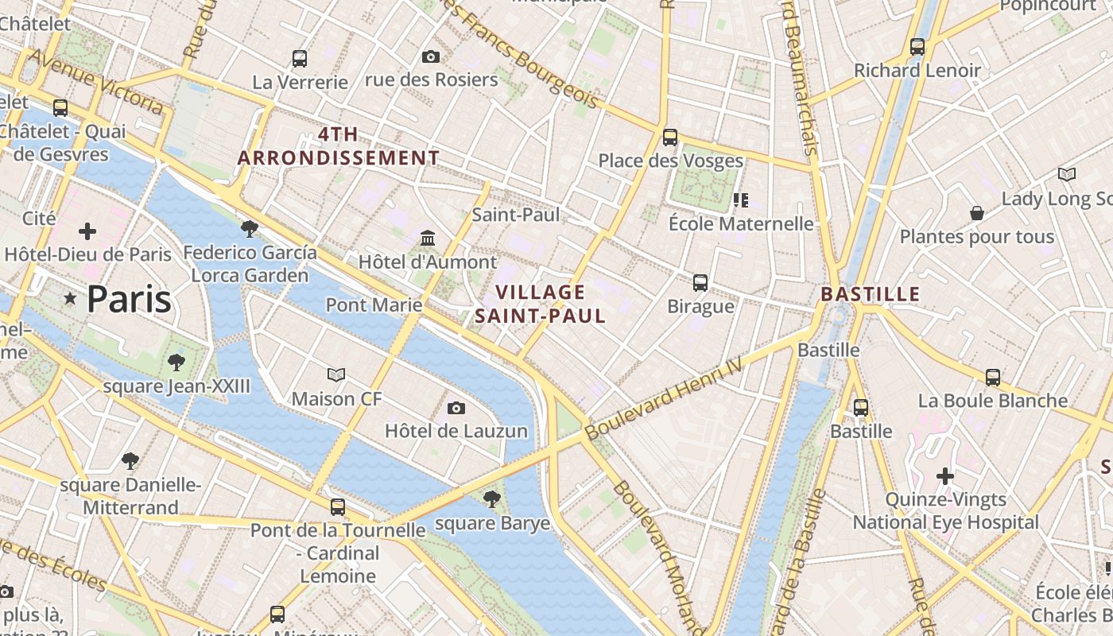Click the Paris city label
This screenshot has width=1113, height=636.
[129, 299]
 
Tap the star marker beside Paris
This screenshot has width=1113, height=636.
[71, 299]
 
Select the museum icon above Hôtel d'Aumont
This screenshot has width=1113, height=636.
[428, 238]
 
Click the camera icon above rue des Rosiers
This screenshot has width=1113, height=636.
[431, 56]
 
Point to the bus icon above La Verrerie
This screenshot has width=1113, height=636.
[300, 58]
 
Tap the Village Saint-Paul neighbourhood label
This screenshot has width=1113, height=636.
[541, 304]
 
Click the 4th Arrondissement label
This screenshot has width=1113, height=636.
[339, 145]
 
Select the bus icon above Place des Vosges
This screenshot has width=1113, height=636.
[670, 138]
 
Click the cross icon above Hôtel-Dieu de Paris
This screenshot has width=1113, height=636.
[87, 231]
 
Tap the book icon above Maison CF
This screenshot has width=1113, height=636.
[336, 374]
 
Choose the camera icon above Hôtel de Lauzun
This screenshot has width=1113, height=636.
[456, 408]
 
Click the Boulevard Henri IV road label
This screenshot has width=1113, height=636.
[663, 397]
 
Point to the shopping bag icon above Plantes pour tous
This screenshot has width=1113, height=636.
[977, 213]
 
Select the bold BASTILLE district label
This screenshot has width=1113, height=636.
[870, 294]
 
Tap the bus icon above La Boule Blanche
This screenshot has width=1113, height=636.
[993, 377]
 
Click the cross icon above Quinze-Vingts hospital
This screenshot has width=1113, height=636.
[945, 476]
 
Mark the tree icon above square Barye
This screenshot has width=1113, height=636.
[492, 499]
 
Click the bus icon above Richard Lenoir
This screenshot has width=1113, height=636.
[917, 47]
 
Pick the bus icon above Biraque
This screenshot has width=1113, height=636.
[700, 282]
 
